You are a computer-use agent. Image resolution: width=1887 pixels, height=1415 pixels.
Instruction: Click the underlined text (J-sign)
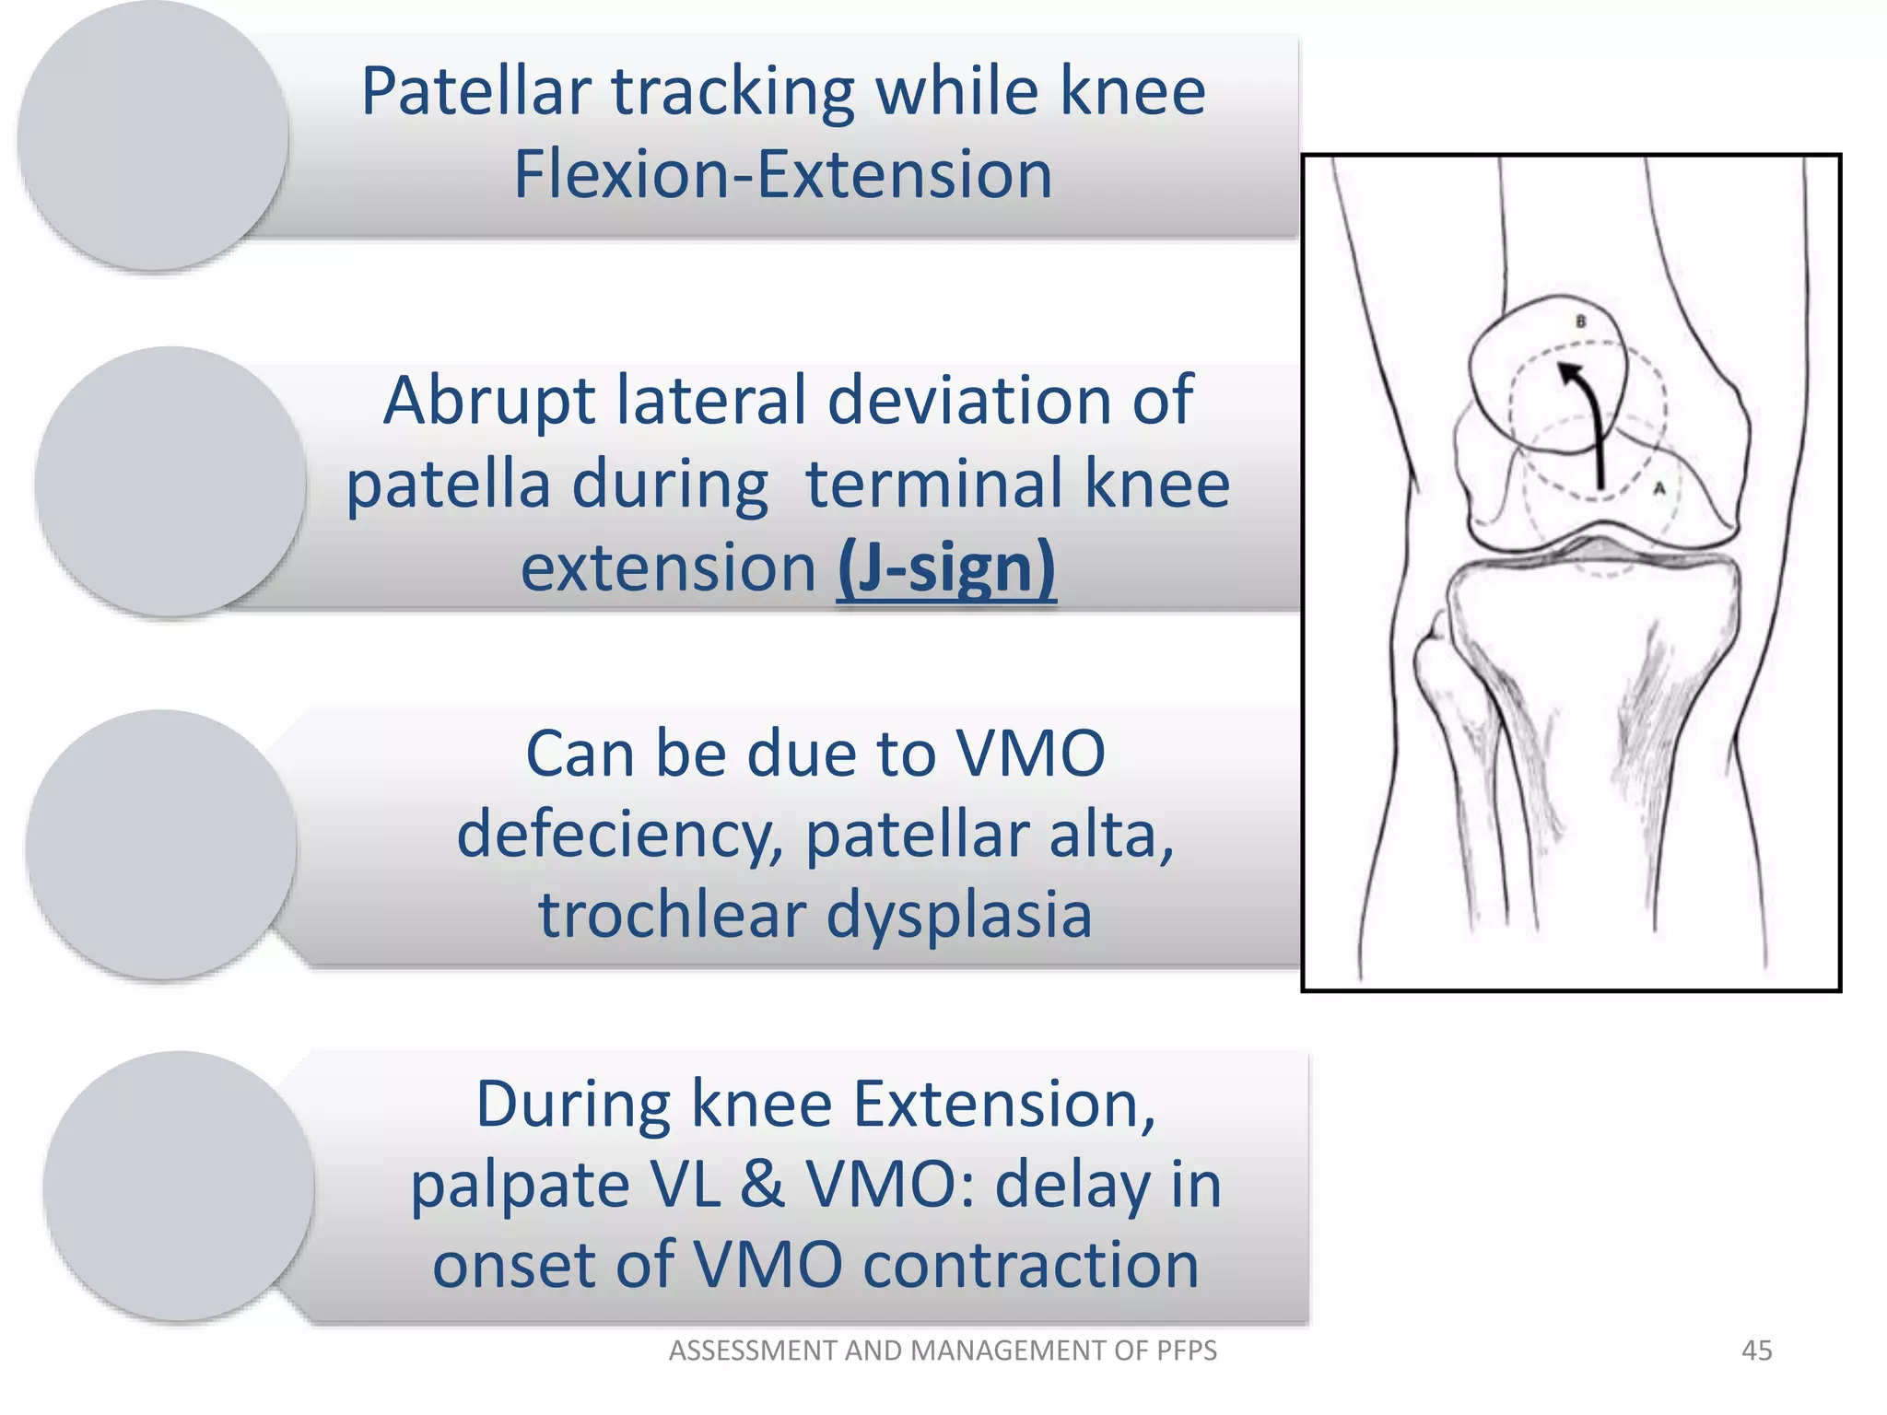[x=945, y=568]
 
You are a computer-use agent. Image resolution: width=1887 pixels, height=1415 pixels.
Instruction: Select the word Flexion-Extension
[x=782, y=175]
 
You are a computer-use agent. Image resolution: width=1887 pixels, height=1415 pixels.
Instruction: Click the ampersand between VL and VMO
[x=763, y=1185]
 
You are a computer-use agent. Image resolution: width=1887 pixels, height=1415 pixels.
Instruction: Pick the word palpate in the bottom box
[x=520, y=1187]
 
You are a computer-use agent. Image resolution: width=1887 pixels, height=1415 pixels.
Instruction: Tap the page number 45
[x=1756, y=1351]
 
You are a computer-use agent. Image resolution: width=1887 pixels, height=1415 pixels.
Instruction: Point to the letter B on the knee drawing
[x=1581, y=322]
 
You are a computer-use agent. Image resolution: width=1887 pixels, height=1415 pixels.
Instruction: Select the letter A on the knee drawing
[x=1659, y=488]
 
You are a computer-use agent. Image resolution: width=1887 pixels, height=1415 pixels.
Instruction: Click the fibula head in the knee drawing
[x=1435, y=645]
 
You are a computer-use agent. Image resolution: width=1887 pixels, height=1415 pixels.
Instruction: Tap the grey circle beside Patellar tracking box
[x=153, y=136]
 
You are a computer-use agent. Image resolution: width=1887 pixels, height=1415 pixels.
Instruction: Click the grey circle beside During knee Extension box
[x=178, y=1187]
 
